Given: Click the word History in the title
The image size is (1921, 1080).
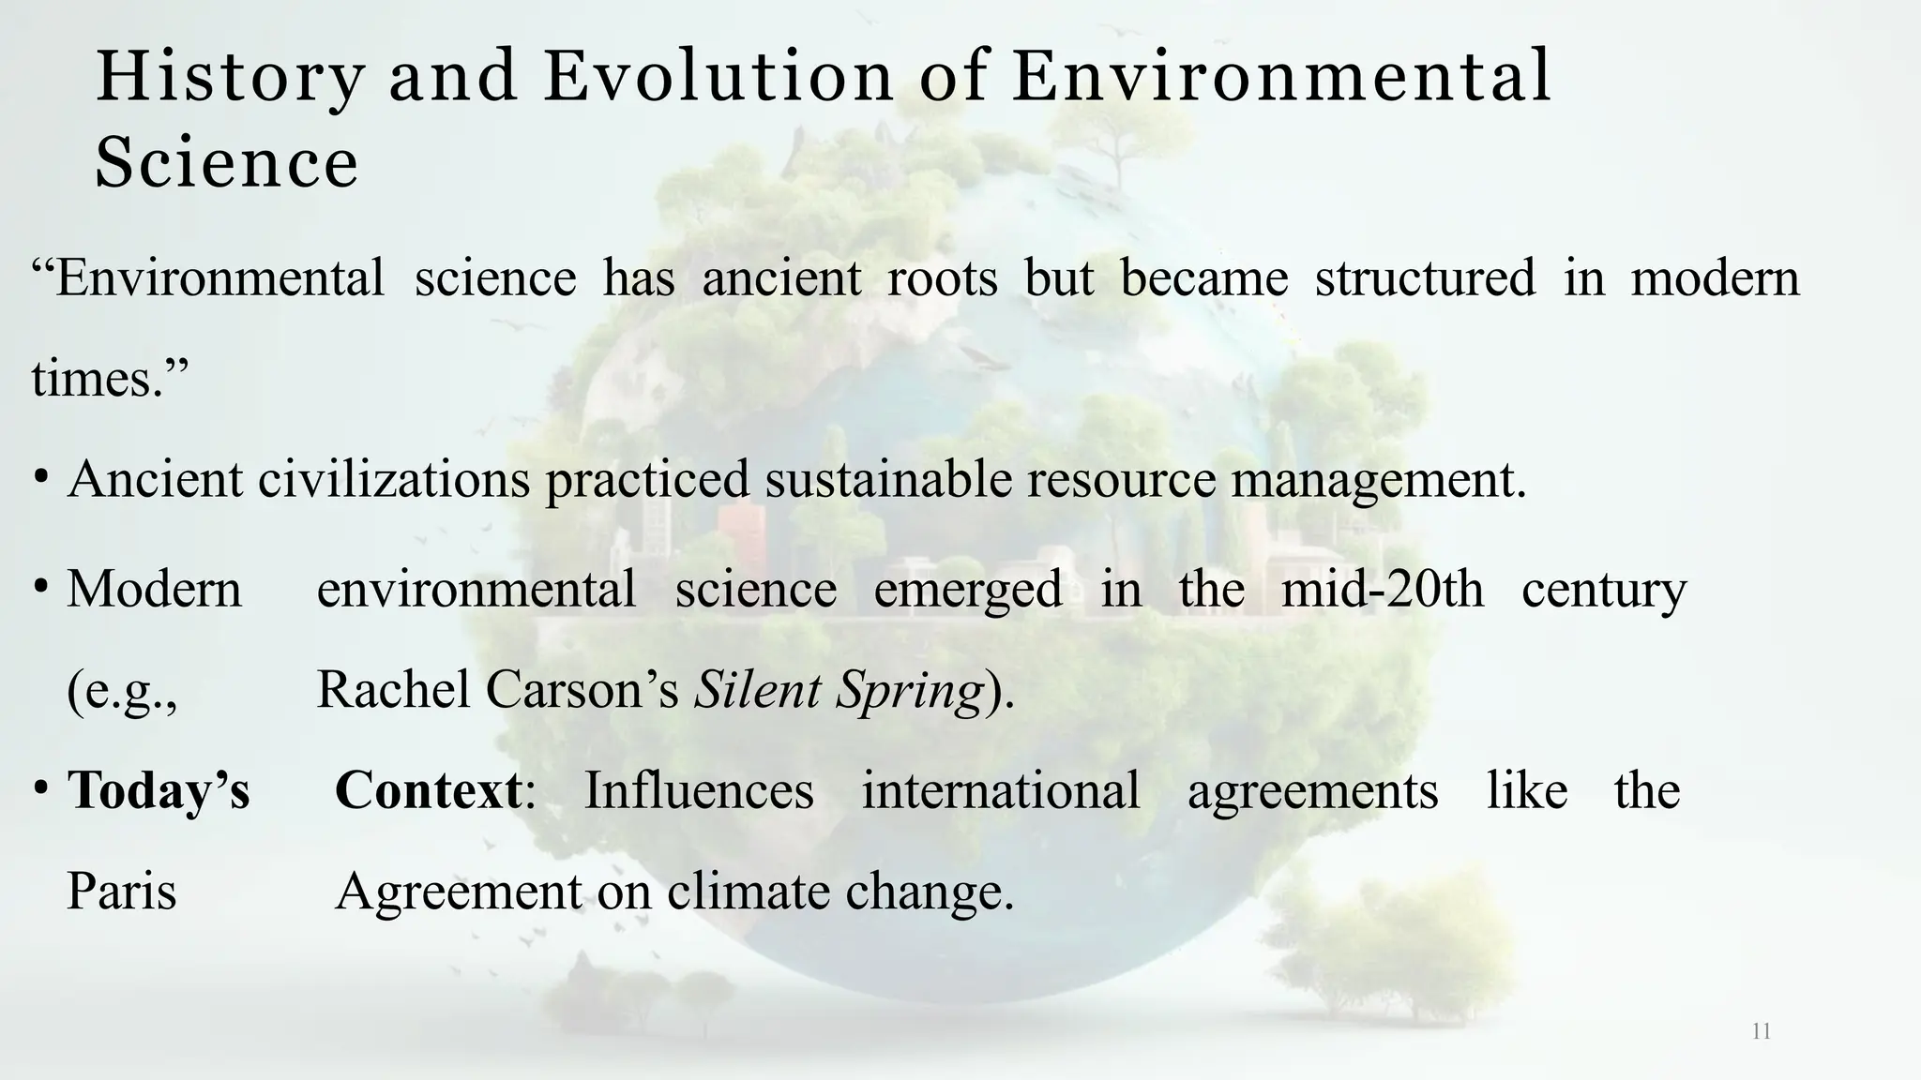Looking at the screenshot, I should click(230, 77).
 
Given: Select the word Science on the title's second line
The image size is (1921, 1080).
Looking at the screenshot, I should click(226, 162).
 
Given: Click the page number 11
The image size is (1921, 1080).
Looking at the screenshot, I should click(1761, 1032).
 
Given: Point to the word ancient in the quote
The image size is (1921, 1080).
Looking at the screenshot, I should click(781, 278).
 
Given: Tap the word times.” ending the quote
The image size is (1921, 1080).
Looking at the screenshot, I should click(110, 379).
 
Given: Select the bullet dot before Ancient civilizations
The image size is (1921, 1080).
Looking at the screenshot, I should click(40, 477).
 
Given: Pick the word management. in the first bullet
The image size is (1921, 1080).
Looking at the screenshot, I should click(1379, 479).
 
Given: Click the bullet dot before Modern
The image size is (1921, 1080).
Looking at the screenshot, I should click(40, 588).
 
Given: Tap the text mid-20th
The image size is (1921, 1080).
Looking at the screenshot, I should click(1382, 590).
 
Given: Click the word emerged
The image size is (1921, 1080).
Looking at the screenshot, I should click(967, 590).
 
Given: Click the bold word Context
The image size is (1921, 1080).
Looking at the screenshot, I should click(428, 790).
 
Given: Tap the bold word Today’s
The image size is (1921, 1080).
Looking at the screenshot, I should click(159, 790).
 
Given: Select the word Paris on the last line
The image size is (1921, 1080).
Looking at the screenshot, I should click(121, 891).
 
